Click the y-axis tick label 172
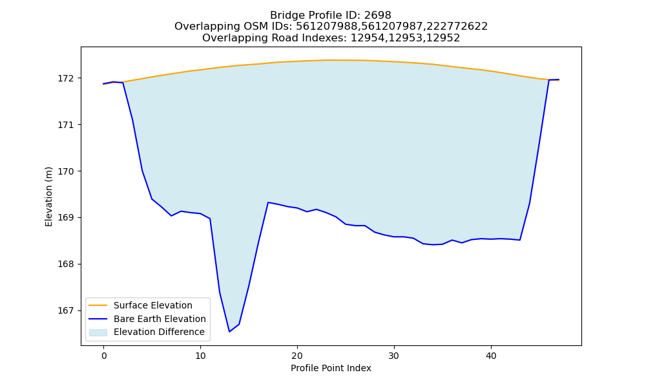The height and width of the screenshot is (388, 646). tap(66, 78)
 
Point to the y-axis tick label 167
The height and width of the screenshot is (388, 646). tap(66, 310)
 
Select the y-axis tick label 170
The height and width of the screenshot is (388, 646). tap(66, 171)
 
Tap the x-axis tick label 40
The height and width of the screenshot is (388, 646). tap(491, 356)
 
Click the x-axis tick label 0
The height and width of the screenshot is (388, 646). tap(104, 356)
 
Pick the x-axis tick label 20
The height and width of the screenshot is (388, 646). tap(297, 356)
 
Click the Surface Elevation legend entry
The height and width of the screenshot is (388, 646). tap(153, 305)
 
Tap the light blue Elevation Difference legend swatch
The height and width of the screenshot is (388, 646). tap(98, 332)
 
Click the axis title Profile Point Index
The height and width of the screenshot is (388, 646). tap(331, 368)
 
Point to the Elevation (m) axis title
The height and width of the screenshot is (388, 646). tap(48, 197)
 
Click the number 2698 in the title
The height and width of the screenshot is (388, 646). tap(377, 16)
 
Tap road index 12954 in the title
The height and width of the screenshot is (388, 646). tap(367, 38)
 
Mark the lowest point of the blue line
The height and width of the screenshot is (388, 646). tap(229, 332)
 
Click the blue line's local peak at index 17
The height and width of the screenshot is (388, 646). tap(268, 202)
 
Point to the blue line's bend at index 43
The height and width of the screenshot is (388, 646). tap(520, 240)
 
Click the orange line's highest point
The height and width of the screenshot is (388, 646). tap(326, 60)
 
